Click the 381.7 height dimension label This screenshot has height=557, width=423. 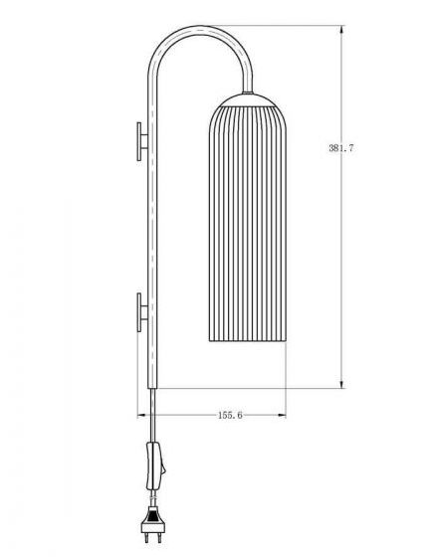click(x=341, y=148)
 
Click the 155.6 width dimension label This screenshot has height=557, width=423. click(x=230, y=415)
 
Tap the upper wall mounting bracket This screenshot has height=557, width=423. click(x=142, y=141)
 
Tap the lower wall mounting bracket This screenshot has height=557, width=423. click(x=142, y=312)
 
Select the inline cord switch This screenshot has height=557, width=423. click(x=155, y=465)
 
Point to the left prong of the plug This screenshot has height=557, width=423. click(x=146, y=538)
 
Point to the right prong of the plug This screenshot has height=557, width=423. click(x=159, y=538)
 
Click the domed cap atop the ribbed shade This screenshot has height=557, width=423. click(x=248, y=100)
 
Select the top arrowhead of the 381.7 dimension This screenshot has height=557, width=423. click(x=341, y=29)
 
